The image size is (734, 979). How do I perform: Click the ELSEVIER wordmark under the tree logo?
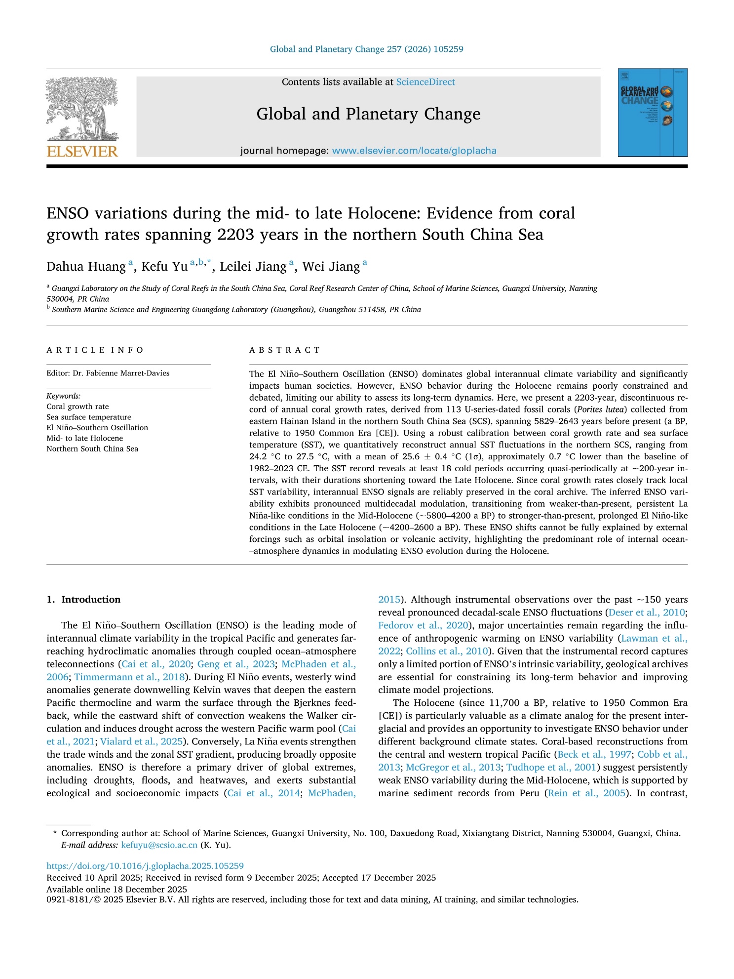[x=82, y=151]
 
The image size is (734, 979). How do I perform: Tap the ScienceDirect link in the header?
[x=425, y=82]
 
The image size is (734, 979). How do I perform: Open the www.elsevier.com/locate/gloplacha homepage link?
[x=414, y=151]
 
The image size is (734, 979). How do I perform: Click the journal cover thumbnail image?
[x=652, y=113]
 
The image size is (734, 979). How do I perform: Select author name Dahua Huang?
[x=86, y=267]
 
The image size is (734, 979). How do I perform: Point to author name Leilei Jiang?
[x=253, y=267]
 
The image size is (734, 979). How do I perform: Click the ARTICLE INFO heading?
[x=95, y=350]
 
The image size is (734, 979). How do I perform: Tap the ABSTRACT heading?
[x=285, y=350]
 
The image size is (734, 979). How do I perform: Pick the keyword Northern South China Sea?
[x=92, y=449]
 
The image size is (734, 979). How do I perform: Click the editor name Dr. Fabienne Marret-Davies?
[x=121, y=373]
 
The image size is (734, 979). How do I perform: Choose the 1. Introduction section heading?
[x=83, y=599]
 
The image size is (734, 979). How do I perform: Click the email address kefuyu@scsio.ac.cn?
[x=159, y=845]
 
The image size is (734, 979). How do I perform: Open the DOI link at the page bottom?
[x=145, y=866]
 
